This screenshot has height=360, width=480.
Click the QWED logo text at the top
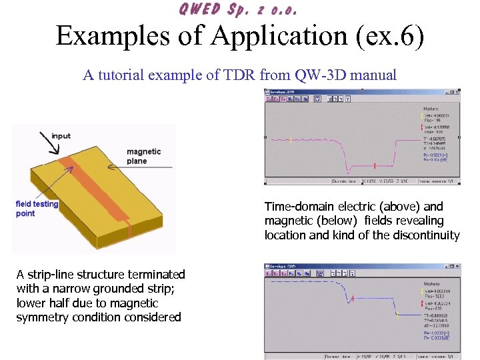237,9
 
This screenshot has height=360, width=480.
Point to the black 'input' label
61,136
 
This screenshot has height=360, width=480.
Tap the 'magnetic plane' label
143,156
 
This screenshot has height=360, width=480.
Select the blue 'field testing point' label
37,208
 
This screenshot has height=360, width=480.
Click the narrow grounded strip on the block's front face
130,230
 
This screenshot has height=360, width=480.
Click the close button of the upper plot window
455,93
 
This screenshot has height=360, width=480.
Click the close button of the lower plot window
455,267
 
